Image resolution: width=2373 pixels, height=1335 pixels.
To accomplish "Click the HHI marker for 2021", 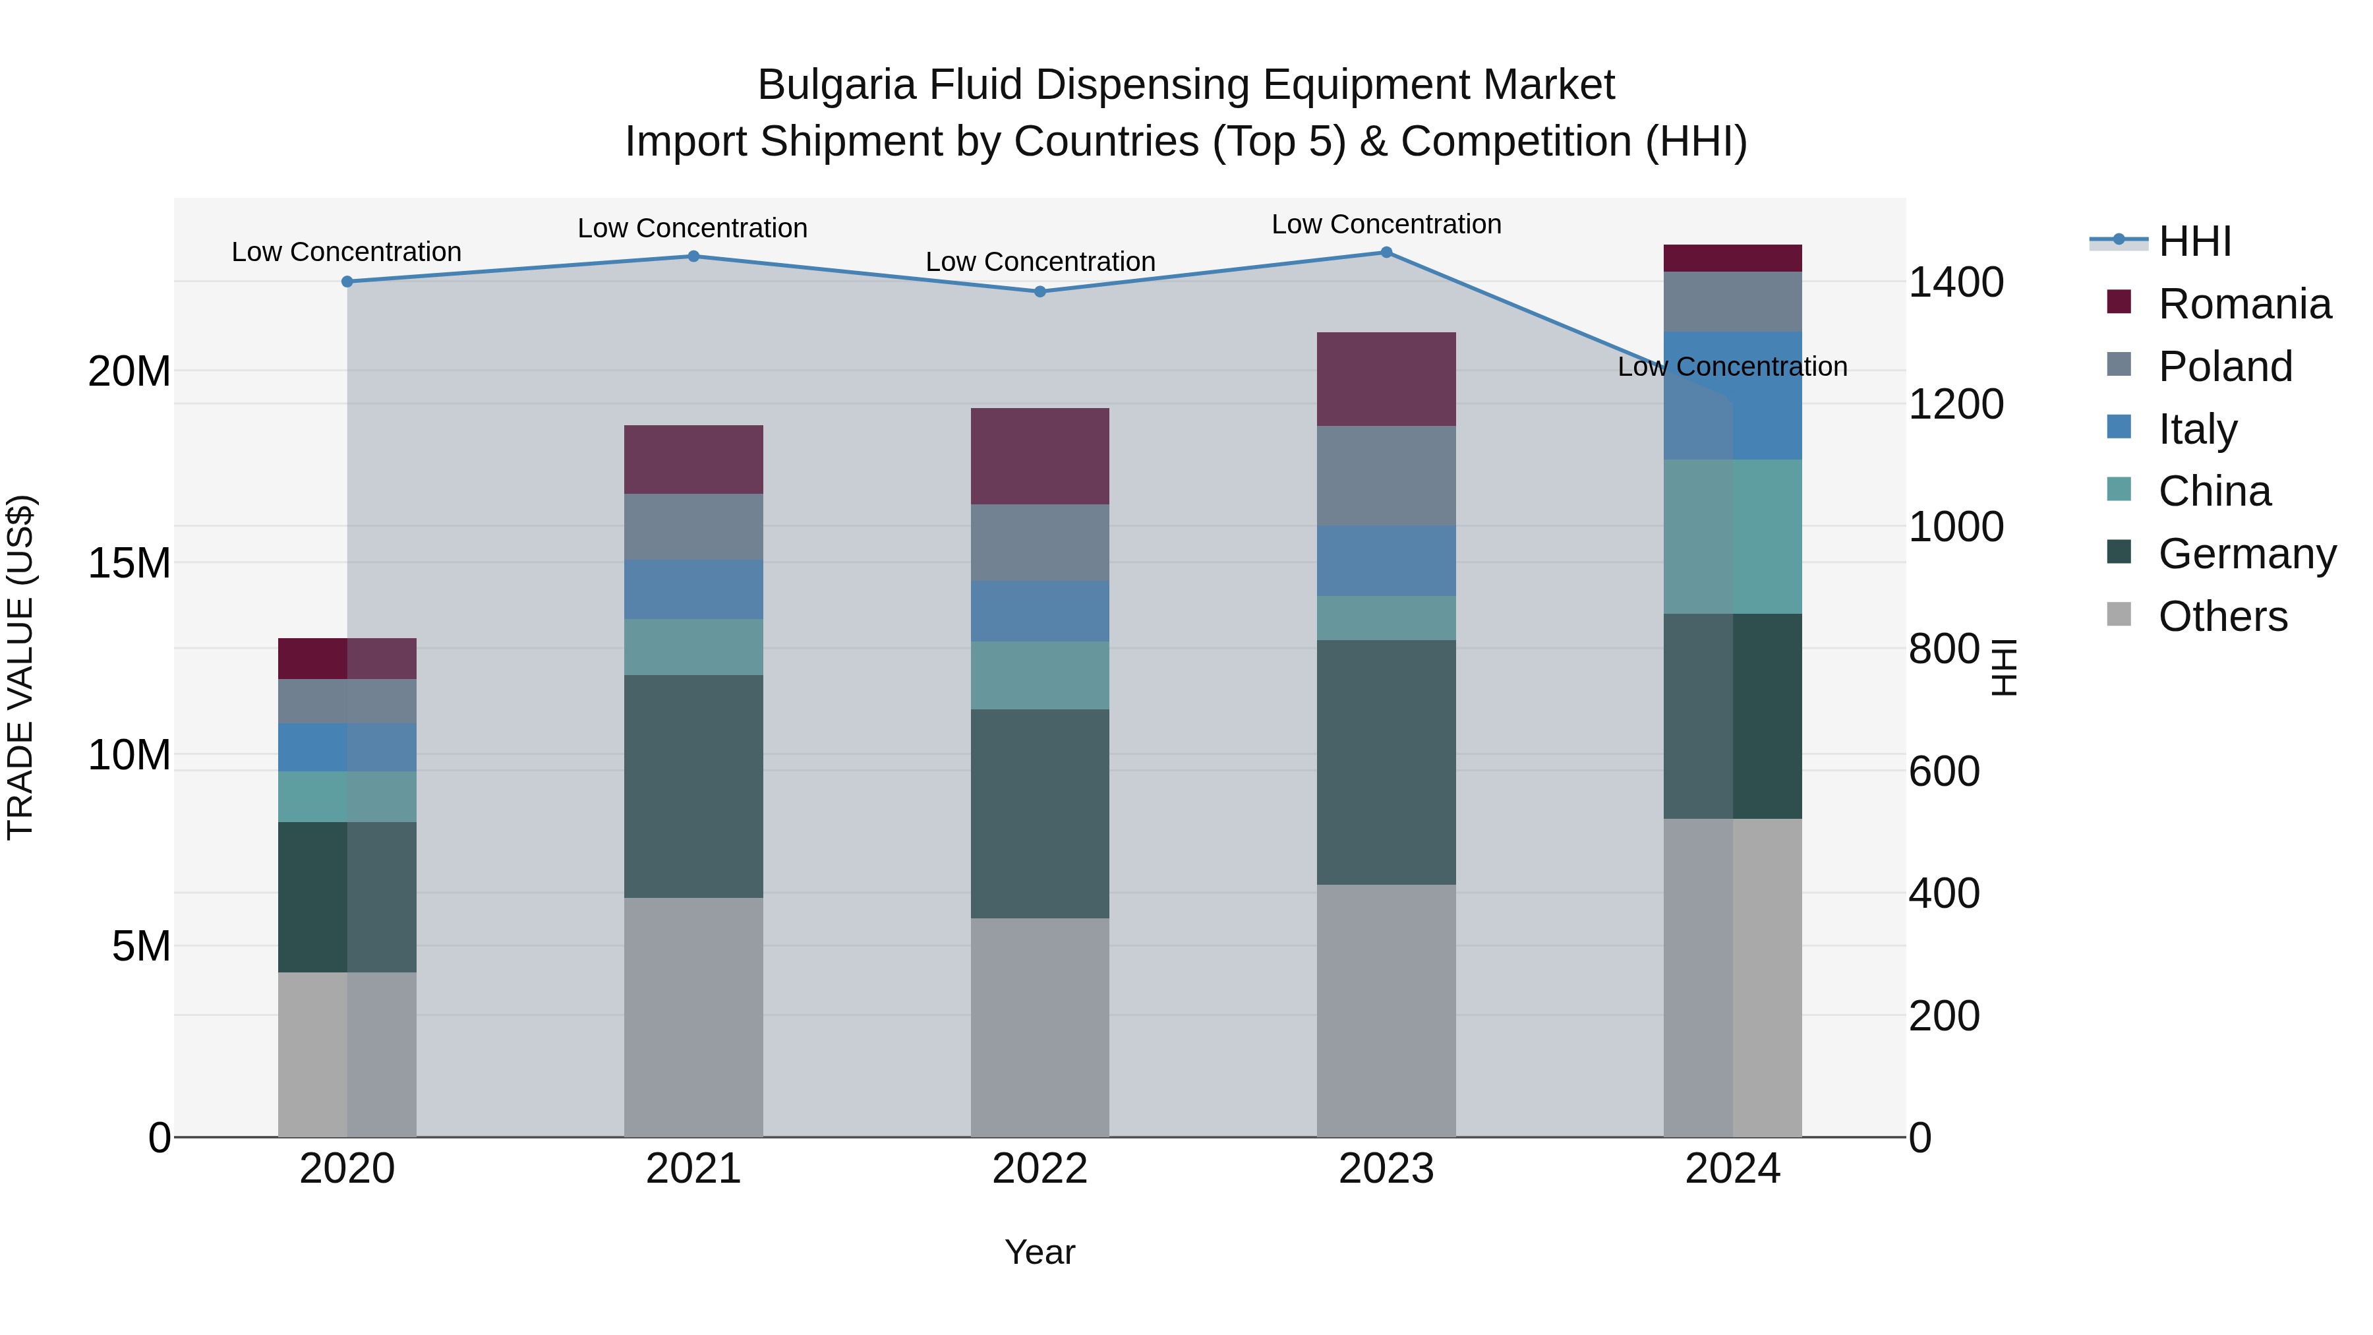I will [x=693, y=256].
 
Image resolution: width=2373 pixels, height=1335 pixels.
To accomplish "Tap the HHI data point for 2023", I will [x=1386, y=252].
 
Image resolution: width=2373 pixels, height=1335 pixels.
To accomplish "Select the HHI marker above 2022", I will [x=1040, y=291].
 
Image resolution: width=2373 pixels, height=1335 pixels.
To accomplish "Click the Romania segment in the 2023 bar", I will [x=1386, y=378].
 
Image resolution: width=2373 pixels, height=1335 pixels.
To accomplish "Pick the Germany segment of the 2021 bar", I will [x=693, y=786].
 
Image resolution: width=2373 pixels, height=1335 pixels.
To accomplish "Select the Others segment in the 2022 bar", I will [x=1040, y=1026].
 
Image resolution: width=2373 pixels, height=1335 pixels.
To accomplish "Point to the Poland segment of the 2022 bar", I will [x=1040, y=542].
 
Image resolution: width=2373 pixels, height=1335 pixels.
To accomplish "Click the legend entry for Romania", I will [x=2244, y=304].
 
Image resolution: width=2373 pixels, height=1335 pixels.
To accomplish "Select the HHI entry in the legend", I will [x=2194, y=241].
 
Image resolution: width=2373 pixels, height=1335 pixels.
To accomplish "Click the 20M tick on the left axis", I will [x=129, y=371].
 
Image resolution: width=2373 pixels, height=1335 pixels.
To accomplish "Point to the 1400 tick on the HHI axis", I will [x=1955, y=282].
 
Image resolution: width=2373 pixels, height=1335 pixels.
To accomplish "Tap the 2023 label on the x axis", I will [x=1386, y=1169].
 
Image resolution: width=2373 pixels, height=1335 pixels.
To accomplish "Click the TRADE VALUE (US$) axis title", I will [x=20, y=667].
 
